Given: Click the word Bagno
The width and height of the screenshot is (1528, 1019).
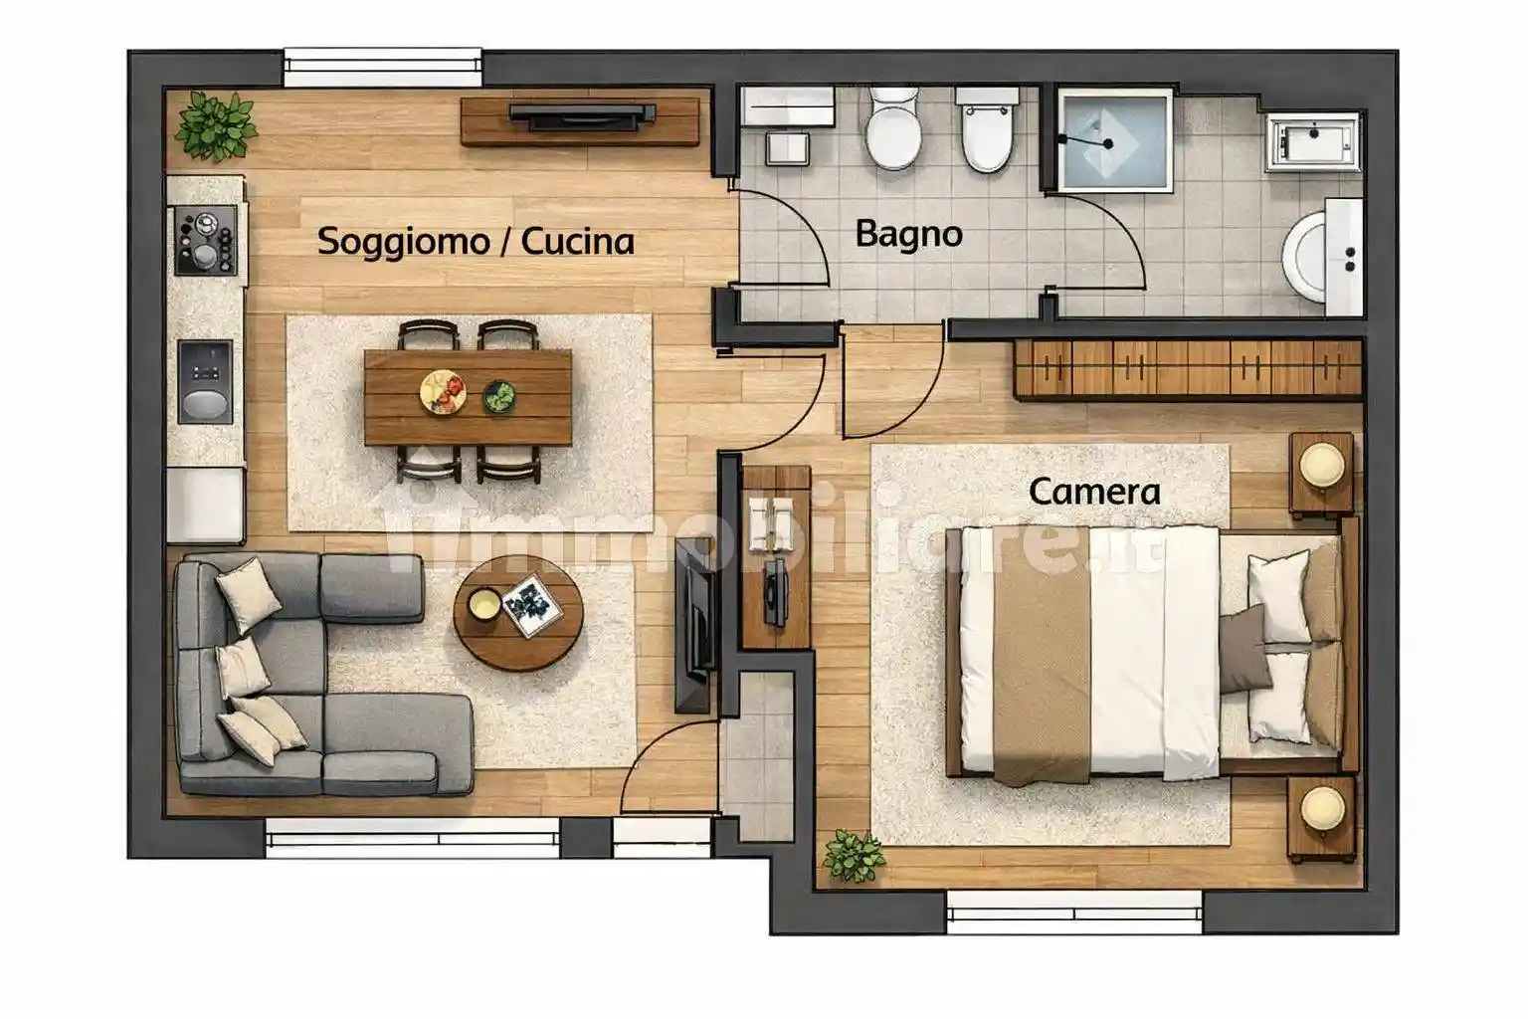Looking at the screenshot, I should (908, 235).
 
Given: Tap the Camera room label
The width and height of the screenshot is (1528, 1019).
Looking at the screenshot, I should (1093, 492).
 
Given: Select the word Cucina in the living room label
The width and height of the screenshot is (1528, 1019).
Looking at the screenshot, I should (577, 242).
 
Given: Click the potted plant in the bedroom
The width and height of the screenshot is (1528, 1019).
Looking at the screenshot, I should (854, 856).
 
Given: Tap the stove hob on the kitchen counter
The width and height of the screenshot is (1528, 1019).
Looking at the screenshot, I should (206, 240).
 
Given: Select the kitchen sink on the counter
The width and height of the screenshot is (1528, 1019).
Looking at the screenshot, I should (205, 381).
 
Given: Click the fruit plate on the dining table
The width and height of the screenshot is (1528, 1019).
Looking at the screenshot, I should (443, 390).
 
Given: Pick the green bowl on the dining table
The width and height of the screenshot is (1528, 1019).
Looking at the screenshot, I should (499, 396).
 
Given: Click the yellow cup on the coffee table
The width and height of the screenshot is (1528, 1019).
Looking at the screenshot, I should (484, 603).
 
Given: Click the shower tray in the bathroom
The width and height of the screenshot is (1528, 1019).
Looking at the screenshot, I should (1112, 140).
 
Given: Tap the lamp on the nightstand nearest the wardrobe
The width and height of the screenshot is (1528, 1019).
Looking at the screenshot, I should (1322, 465).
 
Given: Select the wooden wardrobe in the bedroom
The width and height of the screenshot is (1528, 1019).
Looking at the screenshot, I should (1187, 367).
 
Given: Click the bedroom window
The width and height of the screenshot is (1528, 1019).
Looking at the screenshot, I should (1073, 908).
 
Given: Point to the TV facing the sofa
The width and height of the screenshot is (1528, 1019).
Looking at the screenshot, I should (695, 626).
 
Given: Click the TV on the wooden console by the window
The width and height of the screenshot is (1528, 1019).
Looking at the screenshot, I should (581, 116).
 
